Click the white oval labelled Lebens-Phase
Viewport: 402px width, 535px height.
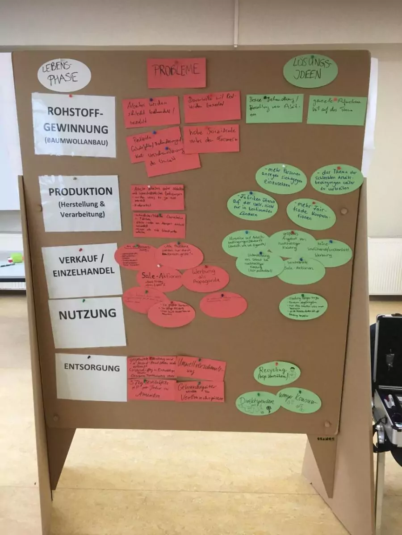coord(64,75)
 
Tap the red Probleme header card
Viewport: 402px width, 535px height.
coord(176,73)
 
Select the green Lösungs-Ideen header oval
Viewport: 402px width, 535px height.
coord(310,71)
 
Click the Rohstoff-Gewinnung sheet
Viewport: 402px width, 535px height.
coord(74,124)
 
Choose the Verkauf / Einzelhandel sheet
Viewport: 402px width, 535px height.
coord(82,271)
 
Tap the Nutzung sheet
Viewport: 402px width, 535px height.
coord(87,322)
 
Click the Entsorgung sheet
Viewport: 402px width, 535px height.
coord(91,377)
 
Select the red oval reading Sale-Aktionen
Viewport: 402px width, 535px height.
coord(159,279)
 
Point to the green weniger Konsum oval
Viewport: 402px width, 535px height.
coord(299,400)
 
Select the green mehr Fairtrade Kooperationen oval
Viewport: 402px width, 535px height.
coord(311,214)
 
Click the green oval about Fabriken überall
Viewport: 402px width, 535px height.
coord(252,206)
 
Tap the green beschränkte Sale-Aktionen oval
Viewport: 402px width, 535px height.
coord(301,271)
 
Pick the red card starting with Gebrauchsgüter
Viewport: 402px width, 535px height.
coord(200,391)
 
